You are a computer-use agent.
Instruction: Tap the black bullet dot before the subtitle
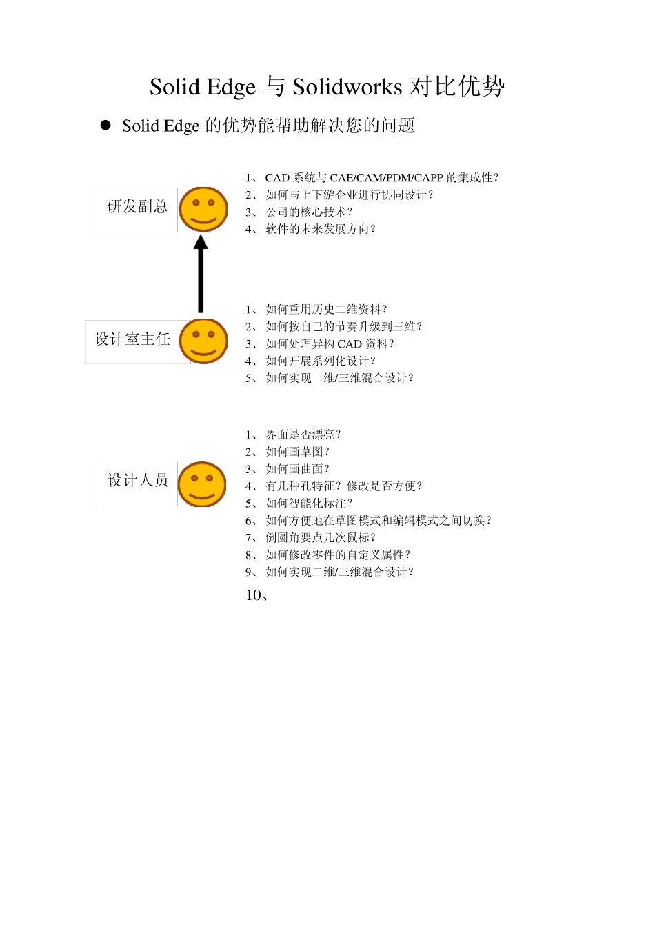(105, 125)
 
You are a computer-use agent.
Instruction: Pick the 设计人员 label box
(138, 482)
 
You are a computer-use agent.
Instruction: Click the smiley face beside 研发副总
(203, 209)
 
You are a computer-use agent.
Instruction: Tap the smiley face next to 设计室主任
(203, 341)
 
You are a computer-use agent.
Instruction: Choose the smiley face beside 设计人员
(202, 484)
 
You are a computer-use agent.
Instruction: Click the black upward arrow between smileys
(201, 275)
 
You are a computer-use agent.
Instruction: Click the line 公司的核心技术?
(309, 212)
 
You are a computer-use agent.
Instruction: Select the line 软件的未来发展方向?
(321, 229)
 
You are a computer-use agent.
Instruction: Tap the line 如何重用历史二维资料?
(326, 310)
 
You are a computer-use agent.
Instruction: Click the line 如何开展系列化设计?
(321, 361)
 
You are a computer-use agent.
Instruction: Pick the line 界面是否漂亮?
(303, 435)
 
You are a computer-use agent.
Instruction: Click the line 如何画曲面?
(298, 469)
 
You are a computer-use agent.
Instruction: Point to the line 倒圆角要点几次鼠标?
(321, 537)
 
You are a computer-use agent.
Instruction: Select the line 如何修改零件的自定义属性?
(338, 555)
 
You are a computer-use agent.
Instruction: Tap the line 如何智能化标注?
(309, 504)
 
